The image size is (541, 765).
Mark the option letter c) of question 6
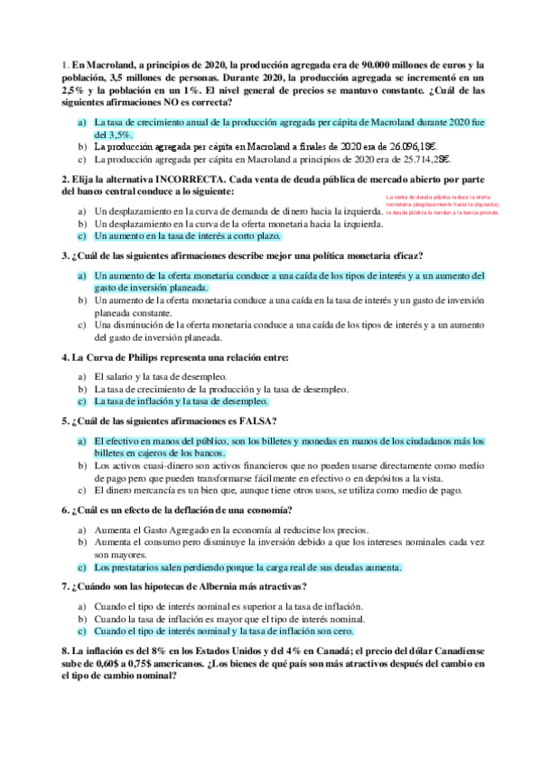pos(81,568)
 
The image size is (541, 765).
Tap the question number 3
pos(64,255)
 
